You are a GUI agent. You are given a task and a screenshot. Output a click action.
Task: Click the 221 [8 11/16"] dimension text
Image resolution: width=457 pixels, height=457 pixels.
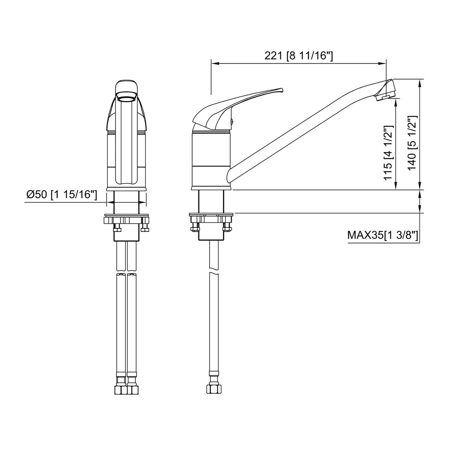pyautogui.click(x=299, y=56)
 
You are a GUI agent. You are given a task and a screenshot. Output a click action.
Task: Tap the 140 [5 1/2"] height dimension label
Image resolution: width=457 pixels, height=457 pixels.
pyautogui.click(x=412, y=143)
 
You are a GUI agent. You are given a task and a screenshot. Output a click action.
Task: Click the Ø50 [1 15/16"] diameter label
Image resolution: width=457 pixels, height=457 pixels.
pyautogui.click(x=62, y=195)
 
